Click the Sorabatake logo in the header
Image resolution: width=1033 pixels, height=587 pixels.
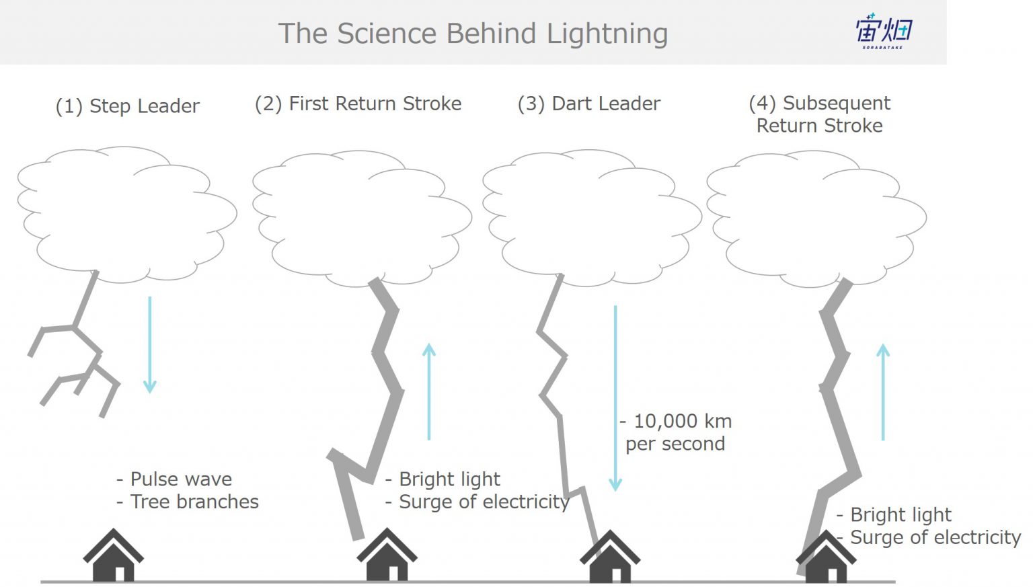pyautogui.click(x=884, y=31)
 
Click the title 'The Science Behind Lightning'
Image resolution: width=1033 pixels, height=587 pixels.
pyautogui.click(x=473, y=34)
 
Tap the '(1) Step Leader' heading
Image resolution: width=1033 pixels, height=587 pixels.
pyautogui.click(x=127, y=106)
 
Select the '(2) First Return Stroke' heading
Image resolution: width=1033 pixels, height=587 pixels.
pyautogui.click(x=358, y=104)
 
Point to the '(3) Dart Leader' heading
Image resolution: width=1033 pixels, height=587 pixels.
pyautogui.click(x=589, y=104)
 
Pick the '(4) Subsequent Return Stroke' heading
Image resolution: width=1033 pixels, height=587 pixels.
pyautogui.click(x=820, y=114)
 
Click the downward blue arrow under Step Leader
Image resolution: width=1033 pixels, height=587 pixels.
pyautogui.click(x=149, y=345)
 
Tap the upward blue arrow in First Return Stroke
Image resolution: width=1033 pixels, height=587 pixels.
pyautogui.click(x=429, y=391)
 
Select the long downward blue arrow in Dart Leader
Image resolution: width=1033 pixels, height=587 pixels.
pyautogui.click(x=615, y=399)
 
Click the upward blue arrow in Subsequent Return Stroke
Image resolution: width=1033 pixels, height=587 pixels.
pyautogui.click(x=882, y=392)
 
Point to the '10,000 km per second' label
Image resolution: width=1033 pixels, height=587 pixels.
pyautogui.click(x=676, y=432)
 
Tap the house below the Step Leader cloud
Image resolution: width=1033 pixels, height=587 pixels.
pyautogui.click(x=114, y=555)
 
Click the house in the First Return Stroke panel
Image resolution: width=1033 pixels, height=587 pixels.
pyautogui.click(x=387, y=555)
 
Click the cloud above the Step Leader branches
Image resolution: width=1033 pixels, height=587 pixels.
pyautogui.click(x=127, y=214)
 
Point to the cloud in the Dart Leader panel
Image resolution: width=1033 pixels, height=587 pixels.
pyautogui.click(x=592, y=218)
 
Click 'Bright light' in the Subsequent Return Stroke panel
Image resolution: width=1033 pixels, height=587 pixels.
pyautogui.click(x=901, y=514)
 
